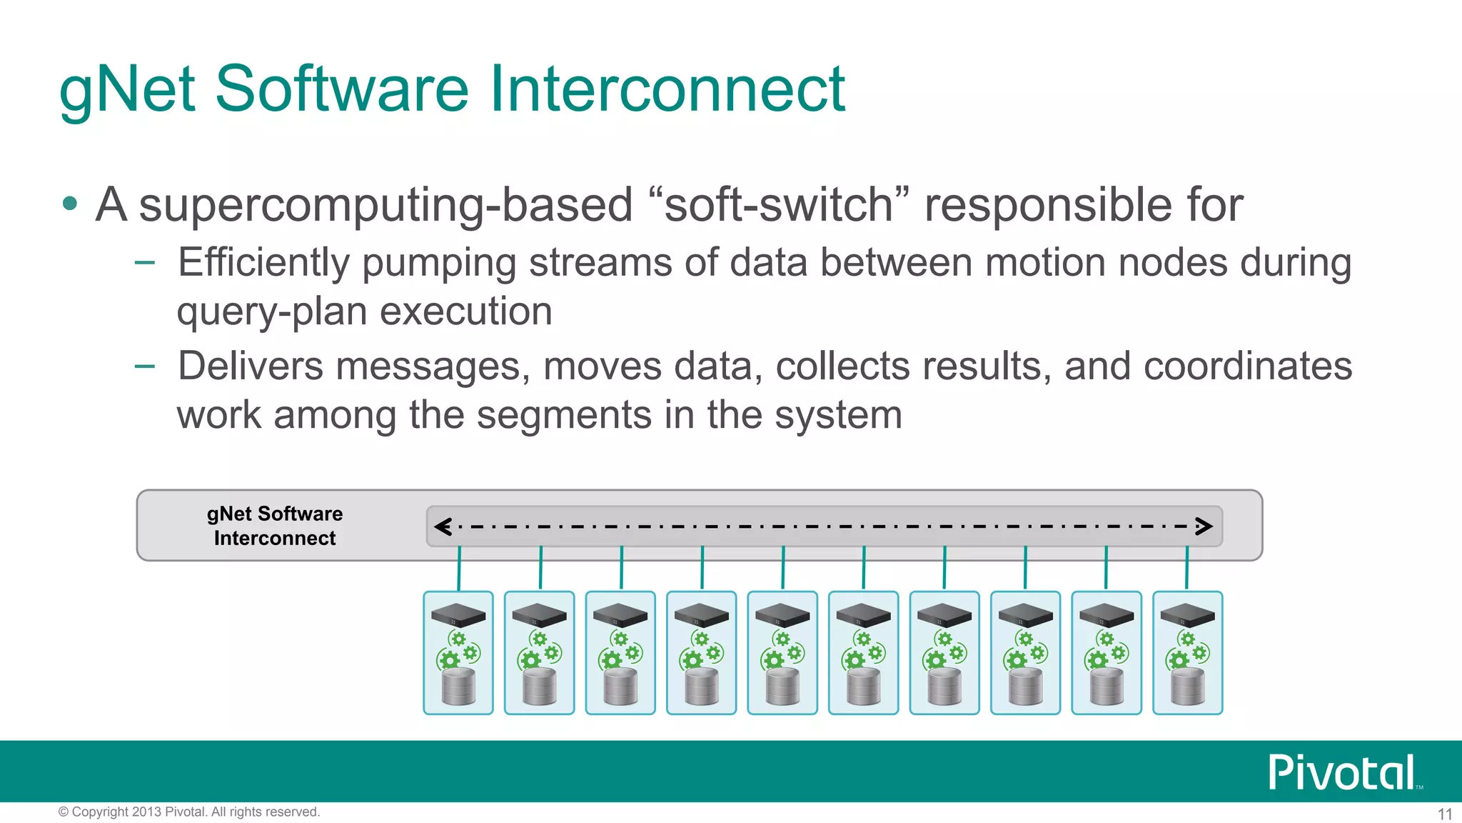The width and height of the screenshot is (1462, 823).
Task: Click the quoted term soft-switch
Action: [780, 204]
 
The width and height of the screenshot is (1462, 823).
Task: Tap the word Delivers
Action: [251, 366]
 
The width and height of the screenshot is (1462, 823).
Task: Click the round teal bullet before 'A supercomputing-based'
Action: [70, 204]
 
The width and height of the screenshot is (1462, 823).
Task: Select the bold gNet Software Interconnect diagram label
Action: [275, 526]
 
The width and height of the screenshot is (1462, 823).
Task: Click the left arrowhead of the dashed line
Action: [443, 527]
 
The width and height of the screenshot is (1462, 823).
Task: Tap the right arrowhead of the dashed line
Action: [1204, 527]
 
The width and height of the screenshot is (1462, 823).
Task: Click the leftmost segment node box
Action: [458, 652]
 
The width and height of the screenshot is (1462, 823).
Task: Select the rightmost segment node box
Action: [1188, 652]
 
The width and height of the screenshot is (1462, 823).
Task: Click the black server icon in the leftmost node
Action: [458, 615]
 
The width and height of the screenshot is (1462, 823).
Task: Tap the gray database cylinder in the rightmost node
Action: [1188, 687]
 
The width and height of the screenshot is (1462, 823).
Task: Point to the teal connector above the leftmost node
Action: [459, 569]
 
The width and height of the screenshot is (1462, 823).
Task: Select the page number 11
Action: [1444, 814]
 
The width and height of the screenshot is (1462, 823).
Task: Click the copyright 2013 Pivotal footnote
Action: [189, 812]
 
